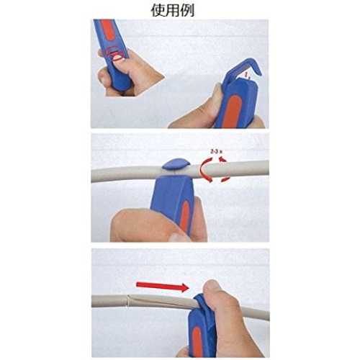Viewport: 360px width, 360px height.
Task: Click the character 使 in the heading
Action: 158,11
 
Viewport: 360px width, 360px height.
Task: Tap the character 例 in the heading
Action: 187,11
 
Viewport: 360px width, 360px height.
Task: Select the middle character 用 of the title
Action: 173,11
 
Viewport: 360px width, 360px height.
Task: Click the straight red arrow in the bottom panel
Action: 163,287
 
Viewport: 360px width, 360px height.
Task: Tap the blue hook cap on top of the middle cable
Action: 176,164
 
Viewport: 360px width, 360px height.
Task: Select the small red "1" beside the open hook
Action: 246,76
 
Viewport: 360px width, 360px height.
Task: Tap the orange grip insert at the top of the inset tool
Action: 107,30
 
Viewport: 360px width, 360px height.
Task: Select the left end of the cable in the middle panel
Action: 91,175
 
